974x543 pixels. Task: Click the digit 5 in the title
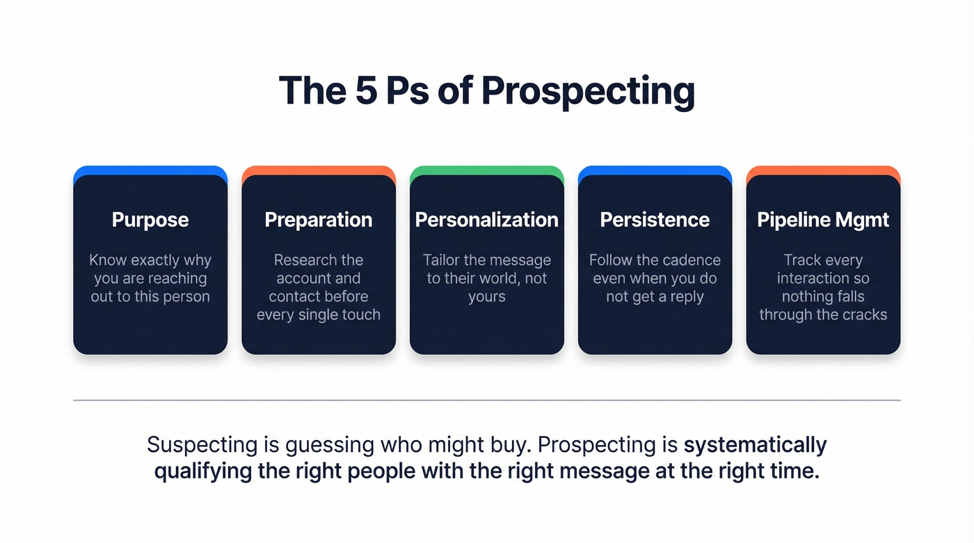pos(366,91)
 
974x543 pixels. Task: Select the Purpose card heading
pos(150,220)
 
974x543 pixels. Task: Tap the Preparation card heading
pos(319,220)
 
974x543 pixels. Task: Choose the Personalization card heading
pos(486,220)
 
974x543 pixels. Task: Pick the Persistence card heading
pos(655,220)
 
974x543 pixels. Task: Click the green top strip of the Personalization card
pos(486,170)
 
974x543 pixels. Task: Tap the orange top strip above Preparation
pos(319,170)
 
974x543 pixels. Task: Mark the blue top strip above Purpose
pos(150,170)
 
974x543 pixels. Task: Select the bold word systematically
pos(756,444)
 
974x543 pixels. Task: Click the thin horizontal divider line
pos(486,400)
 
